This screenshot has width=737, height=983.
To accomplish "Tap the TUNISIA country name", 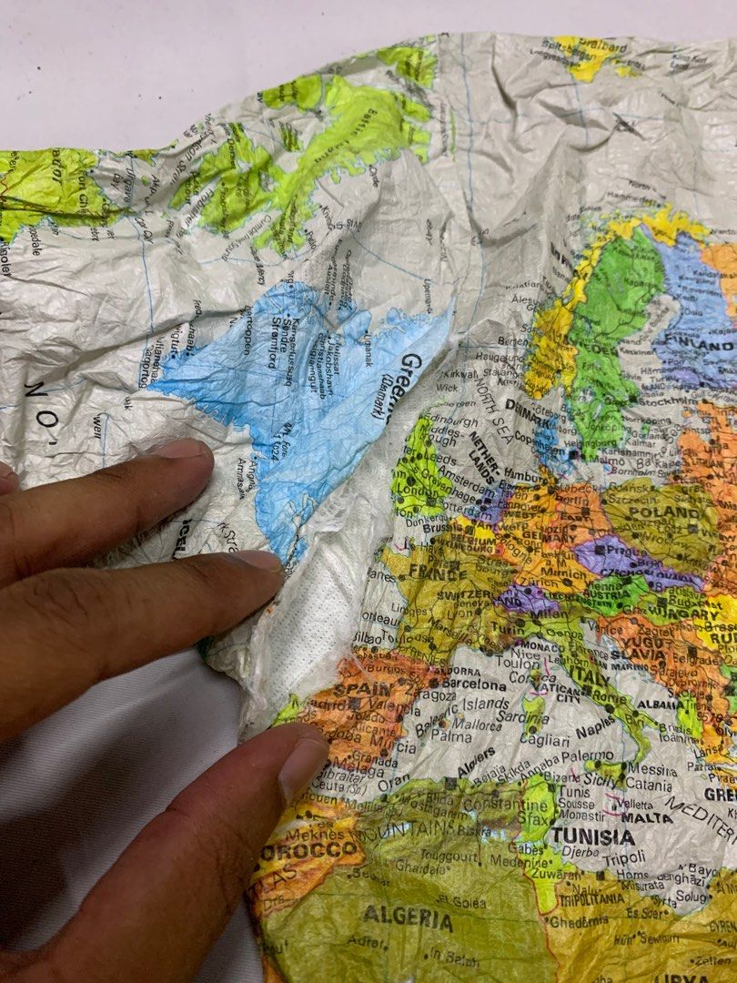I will (x=591, y=835).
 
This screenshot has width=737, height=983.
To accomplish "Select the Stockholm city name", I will (x=668, y=400).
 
